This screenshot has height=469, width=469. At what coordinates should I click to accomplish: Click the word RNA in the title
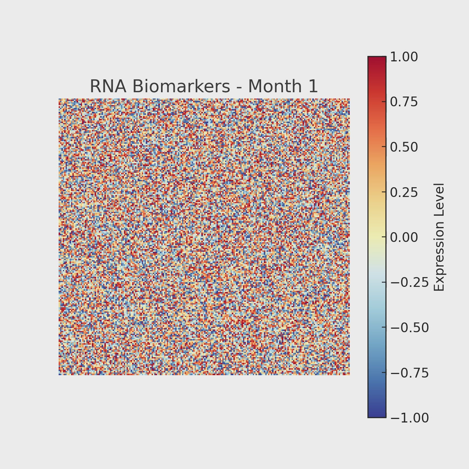click(108, 86)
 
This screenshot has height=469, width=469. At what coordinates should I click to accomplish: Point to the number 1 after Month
click(313, 86)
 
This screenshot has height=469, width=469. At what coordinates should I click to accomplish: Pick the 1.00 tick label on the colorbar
click(404, 57)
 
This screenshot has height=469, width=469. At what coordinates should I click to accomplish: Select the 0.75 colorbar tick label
click(404, 102)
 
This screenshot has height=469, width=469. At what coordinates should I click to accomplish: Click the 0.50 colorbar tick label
click(404, 147)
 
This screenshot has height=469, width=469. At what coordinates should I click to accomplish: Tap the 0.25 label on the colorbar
click(404, 192)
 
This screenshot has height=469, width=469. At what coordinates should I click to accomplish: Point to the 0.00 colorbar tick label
click(404, 237)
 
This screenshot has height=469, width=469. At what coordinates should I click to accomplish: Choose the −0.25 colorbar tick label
click(410, 283)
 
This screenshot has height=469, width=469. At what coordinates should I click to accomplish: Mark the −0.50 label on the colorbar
click(410, 328)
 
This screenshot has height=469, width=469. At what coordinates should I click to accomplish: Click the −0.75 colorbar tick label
click(410, 373)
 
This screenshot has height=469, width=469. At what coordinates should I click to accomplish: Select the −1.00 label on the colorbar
click(410, 418)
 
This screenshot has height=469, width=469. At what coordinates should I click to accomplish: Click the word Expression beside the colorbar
click(440, 256)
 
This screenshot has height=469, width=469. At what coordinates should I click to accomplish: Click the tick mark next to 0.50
click(387, 147)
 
